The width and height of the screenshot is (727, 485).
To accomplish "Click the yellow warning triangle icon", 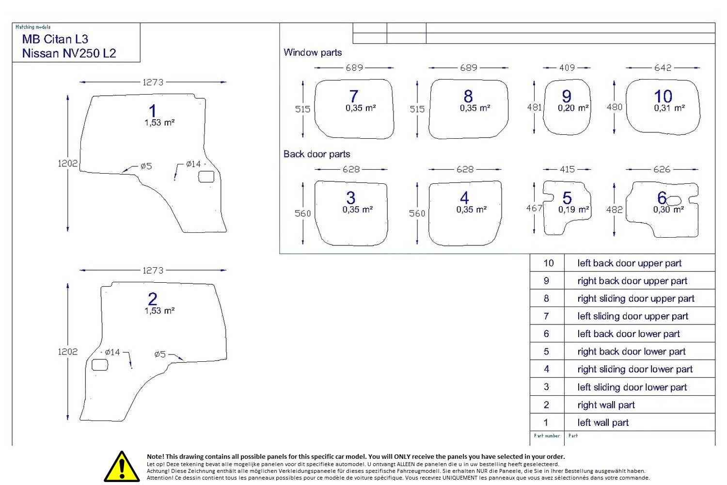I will [x=122, y=467].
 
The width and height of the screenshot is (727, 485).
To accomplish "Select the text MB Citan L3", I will [x=55, y=39].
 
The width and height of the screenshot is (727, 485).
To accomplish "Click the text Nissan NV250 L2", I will [x=69, y=53].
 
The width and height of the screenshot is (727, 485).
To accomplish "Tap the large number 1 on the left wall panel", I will [x=153, y=111].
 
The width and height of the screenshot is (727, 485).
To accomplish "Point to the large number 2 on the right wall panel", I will [x=153, y=299].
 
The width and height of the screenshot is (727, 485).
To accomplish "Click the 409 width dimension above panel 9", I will [x=567, y=68].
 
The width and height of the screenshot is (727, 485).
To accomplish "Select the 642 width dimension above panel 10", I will [x=663, y=68].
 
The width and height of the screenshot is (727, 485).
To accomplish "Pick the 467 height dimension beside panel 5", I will [x=534, y=208].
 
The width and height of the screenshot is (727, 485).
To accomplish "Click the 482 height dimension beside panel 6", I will [x=614, y=210].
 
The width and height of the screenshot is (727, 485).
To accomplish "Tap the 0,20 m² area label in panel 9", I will [x=573, y=108].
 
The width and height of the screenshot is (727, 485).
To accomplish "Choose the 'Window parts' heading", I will [x=313, y=52].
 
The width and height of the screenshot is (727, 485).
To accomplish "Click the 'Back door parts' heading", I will [x=316, y=154].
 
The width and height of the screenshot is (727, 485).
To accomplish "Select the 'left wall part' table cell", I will [x=602, y=422].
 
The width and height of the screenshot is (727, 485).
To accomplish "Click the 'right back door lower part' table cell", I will [x=631, y=352].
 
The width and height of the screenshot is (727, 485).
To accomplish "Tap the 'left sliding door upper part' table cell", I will [x=632, y=316].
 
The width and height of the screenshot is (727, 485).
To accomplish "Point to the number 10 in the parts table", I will [x=548, y=263].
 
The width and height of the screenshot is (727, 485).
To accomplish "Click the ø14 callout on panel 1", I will [x=193, y=164].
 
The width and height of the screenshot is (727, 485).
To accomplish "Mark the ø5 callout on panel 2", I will [x=160, y=354].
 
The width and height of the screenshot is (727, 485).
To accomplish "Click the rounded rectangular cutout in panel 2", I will [x=100, y=365].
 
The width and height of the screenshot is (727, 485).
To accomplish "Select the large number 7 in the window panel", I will [x=354, y=96].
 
